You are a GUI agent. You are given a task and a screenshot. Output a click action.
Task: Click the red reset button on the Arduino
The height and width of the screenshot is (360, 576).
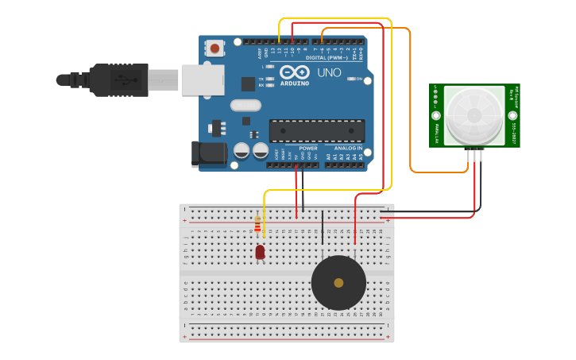pyautogui.click(x=215, y=48)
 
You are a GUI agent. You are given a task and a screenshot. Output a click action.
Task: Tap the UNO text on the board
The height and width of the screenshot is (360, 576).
pyautogui.click(x=329, y=73)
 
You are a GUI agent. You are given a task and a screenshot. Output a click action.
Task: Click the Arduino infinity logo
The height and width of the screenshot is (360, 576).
pyautogui.click(x=294, y=72)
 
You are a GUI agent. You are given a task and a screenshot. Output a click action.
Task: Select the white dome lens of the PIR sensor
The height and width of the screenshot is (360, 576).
pyautogui.click(x=474, y=115)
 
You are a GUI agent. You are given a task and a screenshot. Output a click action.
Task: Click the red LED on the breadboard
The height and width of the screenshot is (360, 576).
pyautogui.click(x=260, y=252)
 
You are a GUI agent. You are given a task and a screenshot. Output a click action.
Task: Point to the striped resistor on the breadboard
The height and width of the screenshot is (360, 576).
pyautogui.click(x=257, y=224)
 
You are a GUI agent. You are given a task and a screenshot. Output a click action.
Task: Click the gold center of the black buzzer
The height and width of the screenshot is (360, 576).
pyautogui.click(x=338, y=283)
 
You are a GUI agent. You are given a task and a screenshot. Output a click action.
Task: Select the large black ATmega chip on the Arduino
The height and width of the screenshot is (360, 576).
pyautogui.click(x=316, y=130)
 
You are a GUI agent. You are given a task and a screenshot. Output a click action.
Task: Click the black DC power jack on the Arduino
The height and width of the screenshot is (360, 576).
pyautogui.click(x=207, y=154)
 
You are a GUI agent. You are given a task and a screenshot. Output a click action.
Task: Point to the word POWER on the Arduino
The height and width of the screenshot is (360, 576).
pyautogui.click(x=308, y=149)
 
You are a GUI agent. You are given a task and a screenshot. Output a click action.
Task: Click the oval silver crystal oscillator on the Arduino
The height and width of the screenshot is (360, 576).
pyautogui.click(x=245, y=105)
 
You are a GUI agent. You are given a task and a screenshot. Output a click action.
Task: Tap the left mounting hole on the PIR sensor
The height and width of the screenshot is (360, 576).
pyautogui.click(x=435, y=115)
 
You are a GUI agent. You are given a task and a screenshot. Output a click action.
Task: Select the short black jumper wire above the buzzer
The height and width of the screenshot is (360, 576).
pyautogui.click(x=322, y=227)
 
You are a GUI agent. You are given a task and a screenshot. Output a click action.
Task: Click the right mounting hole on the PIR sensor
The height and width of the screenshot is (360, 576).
pyautogui.click(x=513, y=115)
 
